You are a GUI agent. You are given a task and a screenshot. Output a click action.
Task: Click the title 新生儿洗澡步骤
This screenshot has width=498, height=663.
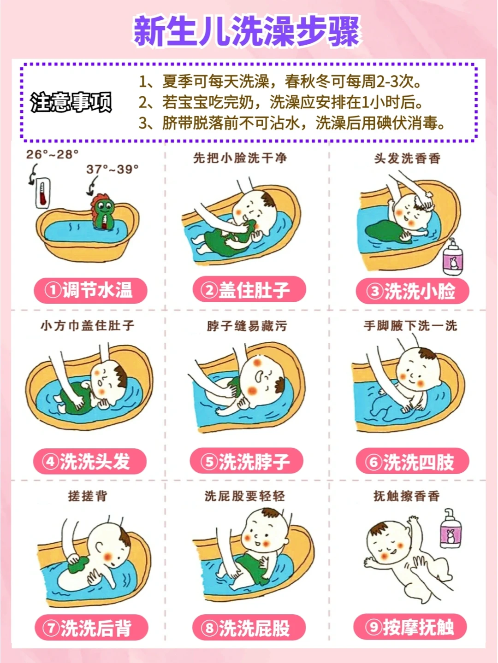click(x=247, y=32)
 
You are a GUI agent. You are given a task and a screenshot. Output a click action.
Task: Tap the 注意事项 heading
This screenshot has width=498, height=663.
click(x=71, y=102)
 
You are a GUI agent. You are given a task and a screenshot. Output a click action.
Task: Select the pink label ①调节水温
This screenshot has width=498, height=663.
click(x=90, y=290)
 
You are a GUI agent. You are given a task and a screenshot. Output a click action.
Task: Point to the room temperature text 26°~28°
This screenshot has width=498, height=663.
click(x=52, y=154)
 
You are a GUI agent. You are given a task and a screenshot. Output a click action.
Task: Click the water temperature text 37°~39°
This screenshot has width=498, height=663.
click(x=113, y=170)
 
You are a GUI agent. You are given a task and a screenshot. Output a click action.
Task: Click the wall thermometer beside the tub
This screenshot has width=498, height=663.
click(x=42, y=193)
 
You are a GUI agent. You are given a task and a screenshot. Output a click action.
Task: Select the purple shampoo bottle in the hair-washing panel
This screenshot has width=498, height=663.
click(x=452, y=257)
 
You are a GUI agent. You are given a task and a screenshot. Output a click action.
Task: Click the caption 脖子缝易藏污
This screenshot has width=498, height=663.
click(x=247, y=327)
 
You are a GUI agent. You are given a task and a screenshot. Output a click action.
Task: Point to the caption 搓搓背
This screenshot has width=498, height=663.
click(x=88, y=496)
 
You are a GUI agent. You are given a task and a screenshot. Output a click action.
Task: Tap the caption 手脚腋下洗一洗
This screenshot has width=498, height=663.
click(x=410, y=326)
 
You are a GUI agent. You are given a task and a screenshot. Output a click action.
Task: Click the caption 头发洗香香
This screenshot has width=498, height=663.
click(x=407, y=158)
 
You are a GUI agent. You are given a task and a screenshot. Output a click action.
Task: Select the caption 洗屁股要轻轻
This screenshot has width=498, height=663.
click(x=245, y=496)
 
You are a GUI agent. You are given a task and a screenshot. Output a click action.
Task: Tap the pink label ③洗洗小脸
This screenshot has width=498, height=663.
click(x=413, y=291)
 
